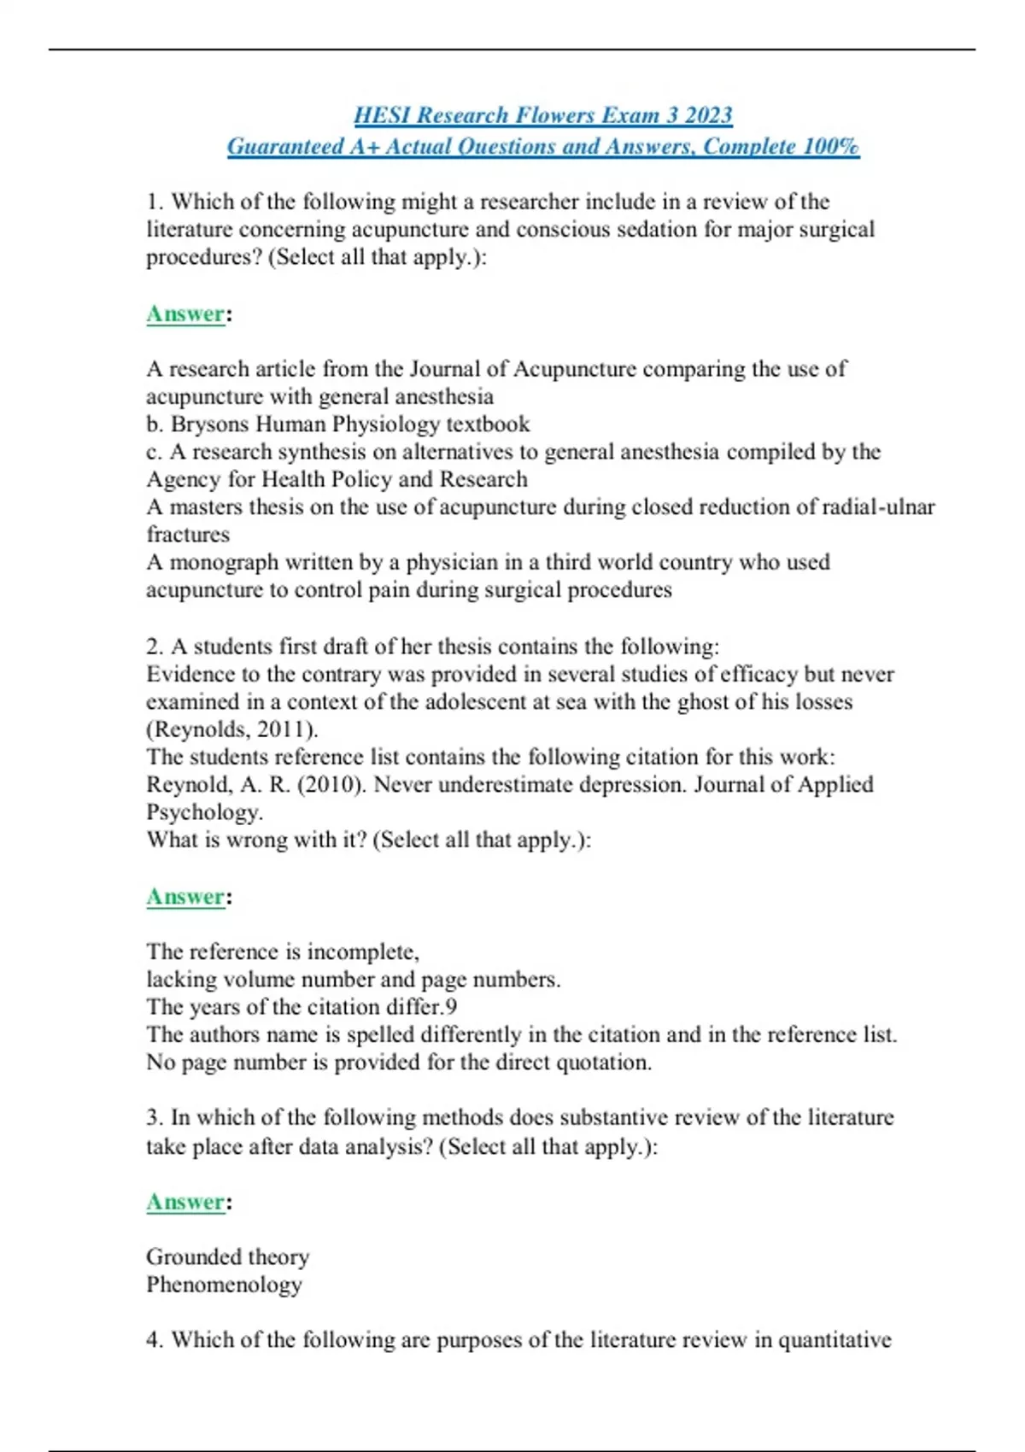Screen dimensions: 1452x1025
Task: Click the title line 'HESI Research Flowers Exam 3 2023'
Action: [x=543, y=115]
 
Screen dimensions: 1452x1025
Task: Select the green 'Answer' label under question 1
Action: [x=185, y=314]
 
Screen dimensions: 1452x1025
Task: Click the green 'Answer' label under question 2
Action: [x=185, y=897]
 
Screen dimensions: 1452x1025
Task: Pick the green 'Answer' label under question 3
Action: [x=185, y=1202]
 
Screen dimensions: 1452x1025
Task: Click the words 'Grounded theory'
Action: [x=227, y=1256]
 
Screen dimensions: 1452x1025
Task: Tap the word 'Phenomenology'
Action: [x=224, y=1285]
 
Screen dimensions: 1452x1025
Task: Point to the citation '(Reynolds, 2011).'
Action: [x=232, y=729]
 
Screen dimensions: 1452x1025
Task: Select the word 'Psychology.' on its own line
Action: [x=204, y=812]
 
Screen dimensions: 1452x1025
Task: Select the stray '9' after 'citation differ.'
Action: [x=451, y=1007]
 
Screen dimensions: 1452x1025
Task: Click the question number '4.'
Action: [x=155, y=1340]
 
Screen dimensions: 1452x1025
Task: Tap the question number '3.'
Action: [x=155, y=1118]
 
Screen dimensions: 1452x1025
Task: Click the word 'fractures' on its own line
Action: [x=188, y=535]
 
